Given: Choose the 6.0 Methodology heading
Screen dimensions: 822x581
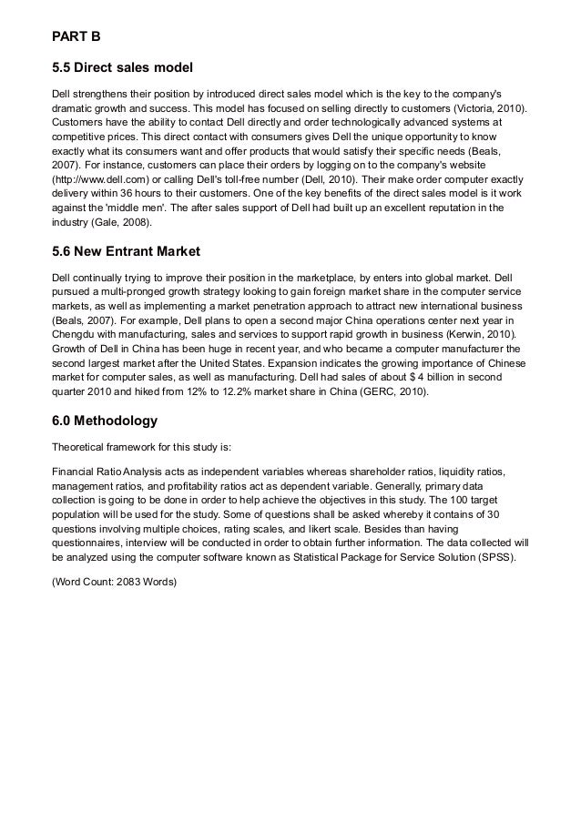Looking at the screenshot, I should click(x=106, y=421).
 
